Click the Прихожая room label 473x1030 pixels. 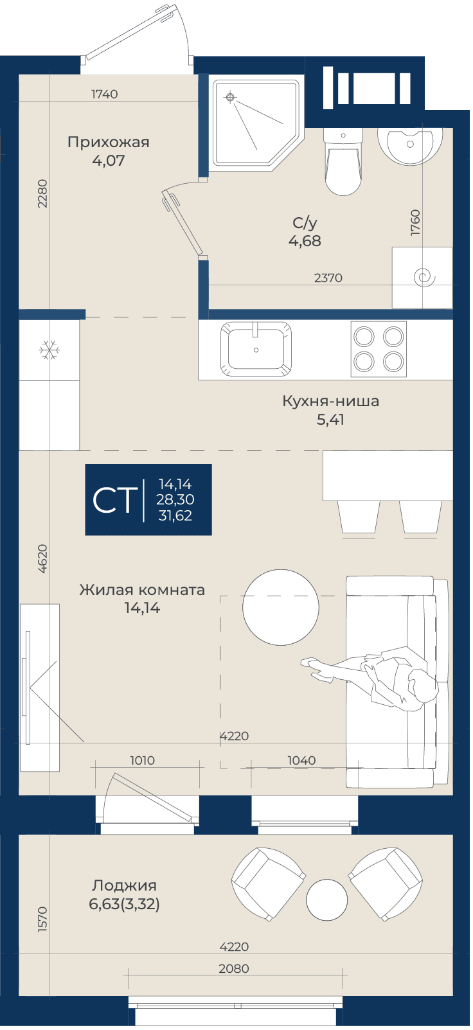pos(109,142)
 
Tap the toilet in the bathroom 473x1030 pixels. pos(343,161)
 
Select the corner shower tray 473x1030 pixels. pos(258,123)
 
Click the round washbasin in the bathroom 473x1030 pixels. pos(409,145)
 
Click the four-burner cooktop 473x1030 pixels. pos(379,349)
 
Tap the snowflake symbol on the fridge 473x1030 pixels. pos(49,350)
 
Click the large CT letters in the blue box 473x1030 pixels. pos(114,501)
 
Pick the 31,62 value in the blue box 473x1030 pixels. pos(175,515)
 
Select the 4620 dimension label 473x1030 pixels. pos(42,558)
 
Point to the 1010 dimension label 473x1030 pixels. pos(142,760)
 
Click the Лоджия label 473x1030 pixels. pos(124,885)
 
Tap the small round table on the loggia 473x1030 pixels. pos(326,900)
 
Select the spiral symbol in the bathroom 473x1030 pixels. pos(424,278)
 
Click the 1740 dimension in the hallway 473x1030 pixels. pos(105,94)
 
